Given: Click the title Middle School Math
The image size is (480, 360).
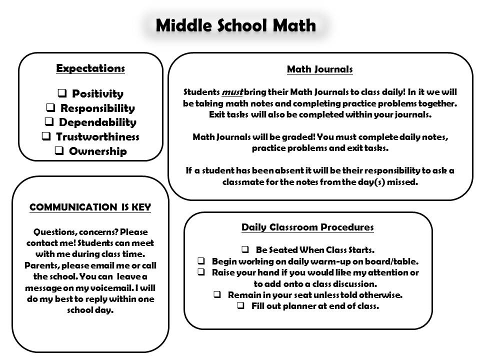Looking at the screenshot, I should (x=235, y=25).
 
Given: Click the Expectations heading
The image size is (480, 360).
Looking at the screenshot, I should (x=90, y=68).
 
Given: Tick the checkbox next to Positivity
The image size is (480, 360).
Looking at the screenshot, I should (x=62, y=93).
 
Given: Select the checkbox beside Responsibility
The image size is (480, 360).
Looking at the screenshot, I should (x=50, y=108).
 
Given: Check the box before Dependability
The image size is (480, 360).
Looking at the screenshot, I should (x=49, y=122).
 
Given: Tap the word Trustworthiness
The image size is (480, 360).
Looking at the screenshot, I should (x=97, y=136).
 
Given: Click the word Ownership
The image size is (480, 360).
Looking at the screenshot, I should (x=97, y=151).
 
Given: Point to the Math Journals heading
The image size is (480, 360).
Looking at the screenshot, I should (x=320, y=69).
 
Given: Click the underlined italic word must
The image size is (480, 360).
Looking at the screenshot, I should (x=232, y=92).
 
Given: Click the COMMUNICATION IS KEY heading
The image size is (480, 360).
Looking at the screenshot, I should (x=90, y=207).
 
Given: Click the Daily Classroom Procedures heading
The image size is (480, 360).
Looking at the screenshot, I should (x=307, y=227).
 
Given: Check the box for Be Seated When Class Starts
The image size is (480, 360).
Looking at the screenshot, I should (x=245, y=249).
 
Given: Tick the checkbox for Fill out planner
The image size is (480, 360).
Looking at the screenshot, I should (x=240, y=306).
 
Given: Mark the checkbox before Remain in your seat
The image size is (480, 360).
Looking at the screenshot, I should (x=217, y=295).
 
